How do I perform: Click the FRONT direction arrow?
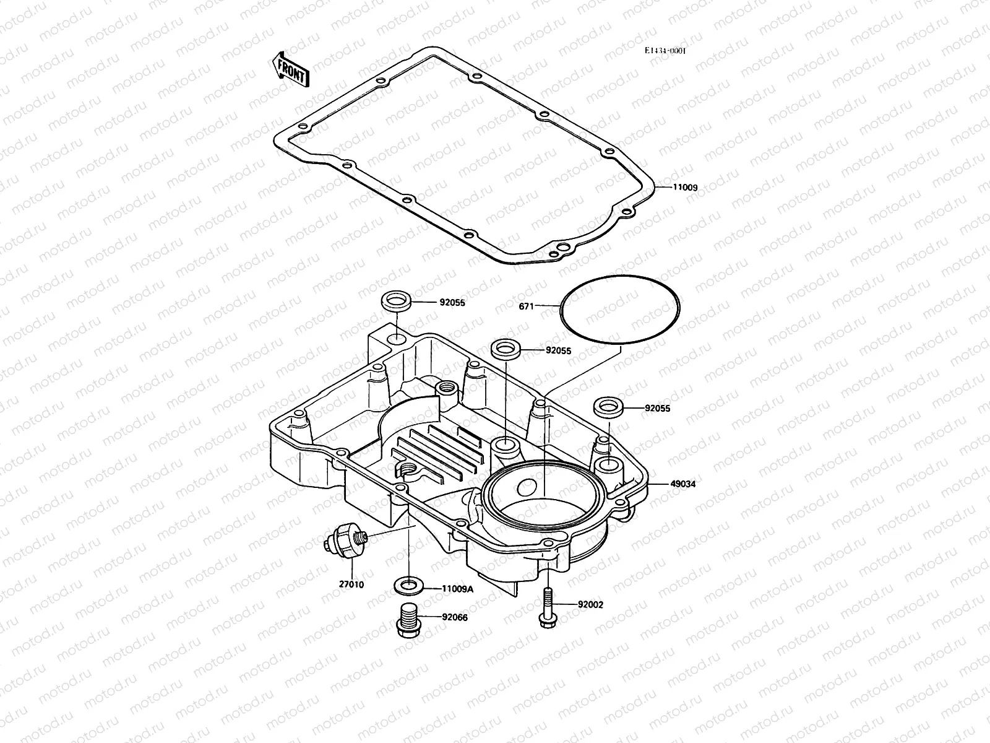[290, 68]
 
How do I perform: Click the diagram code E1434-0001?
[665, 51]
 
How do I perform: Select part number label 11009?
[685, 187]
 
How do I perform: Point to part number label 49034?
[682, 484]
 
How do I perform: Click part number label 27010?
[351, 584]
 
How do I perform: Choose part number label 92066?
[455, 617]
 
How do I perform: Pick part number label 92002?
[590, 604]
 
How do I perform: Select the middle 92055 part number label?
[558, 350]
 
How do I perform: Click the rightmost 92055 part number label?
[657, 409]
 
